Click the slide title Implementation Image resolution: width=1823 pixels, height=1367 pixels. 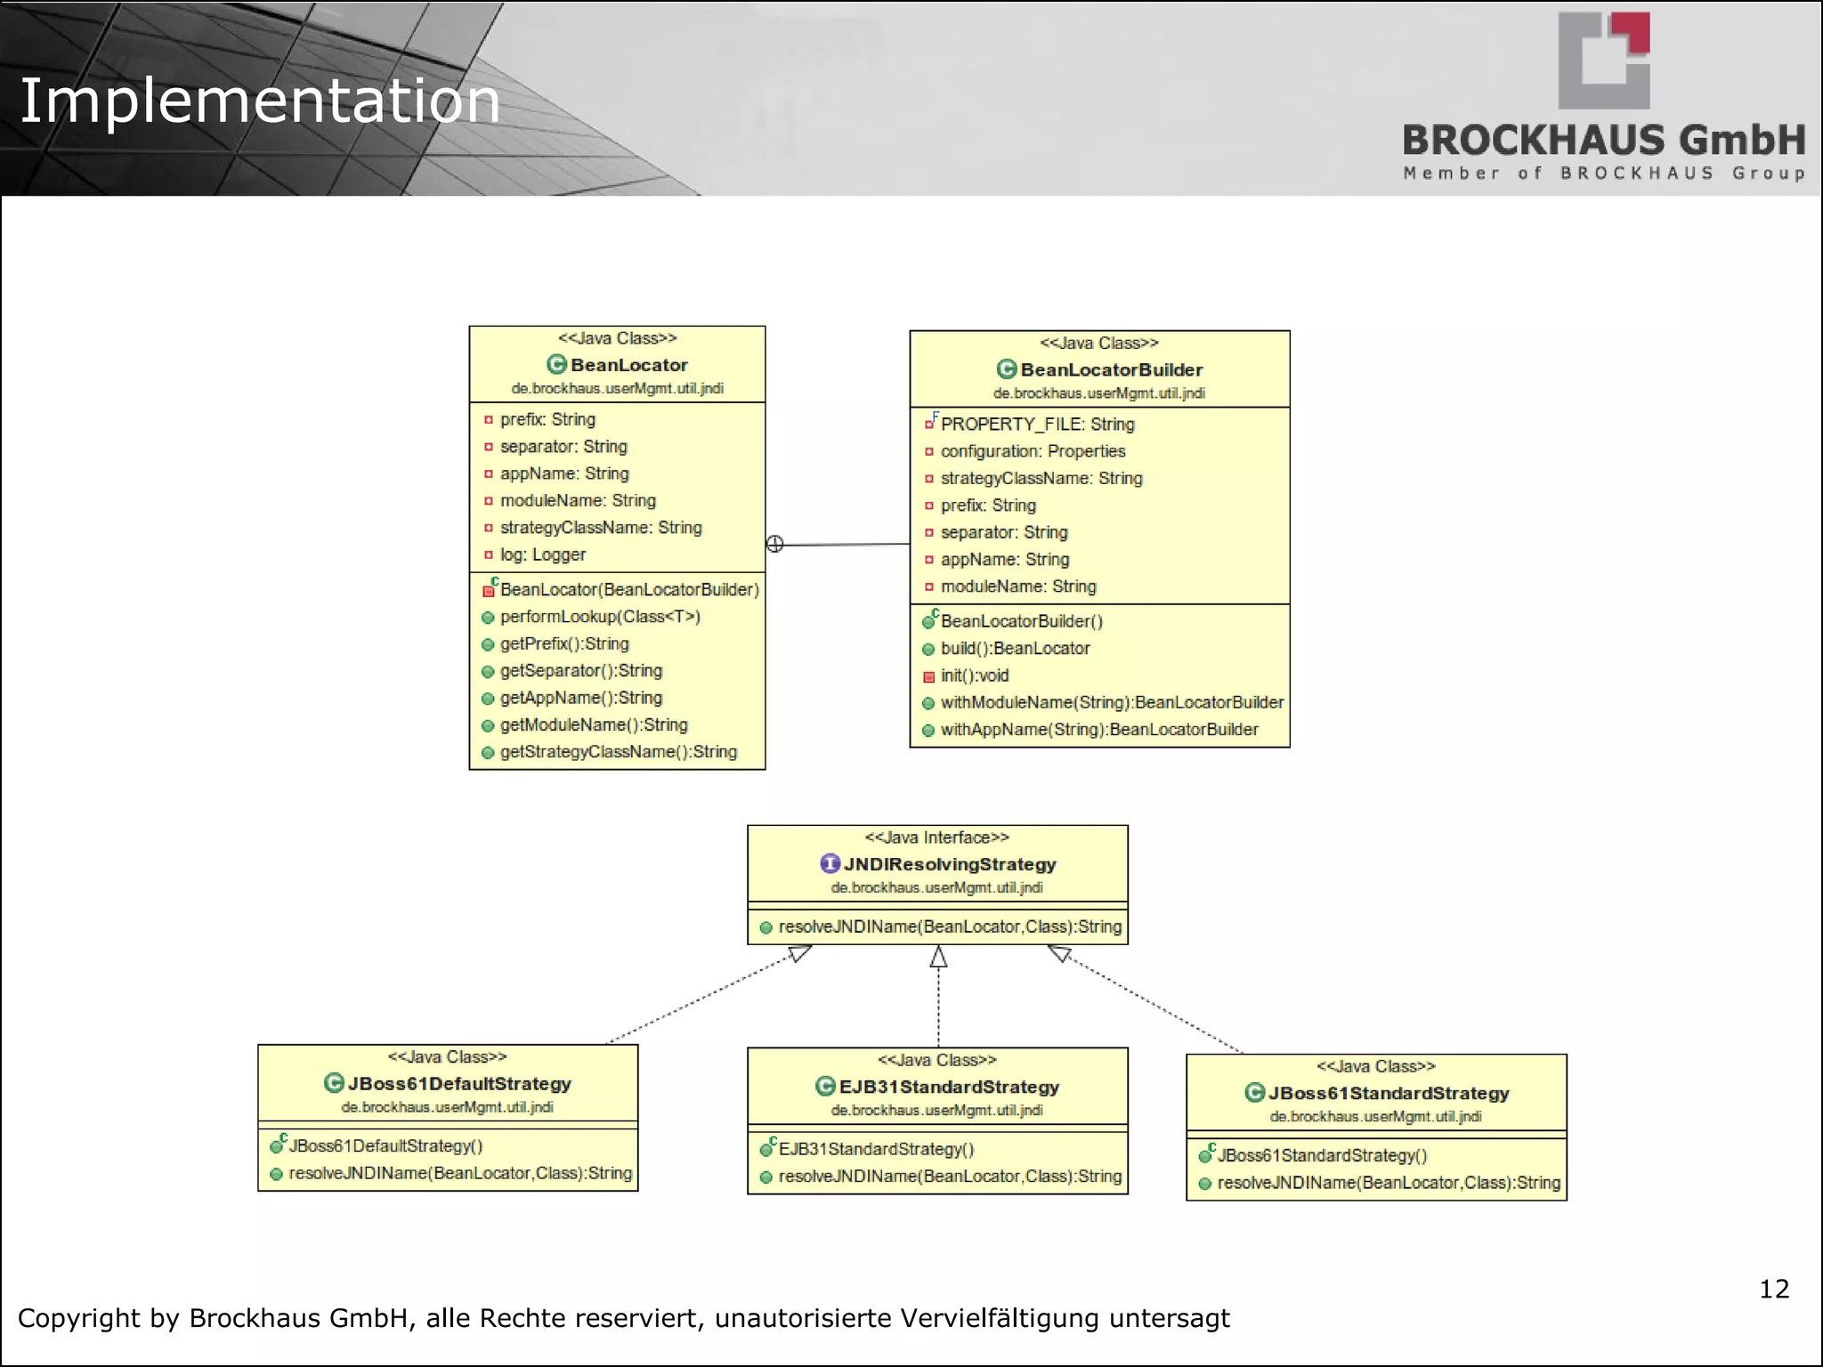259,101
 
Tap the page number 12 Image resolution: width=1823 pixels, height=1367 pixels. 1773,1289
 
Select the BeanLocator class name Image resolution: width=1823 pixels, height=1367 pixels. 628,365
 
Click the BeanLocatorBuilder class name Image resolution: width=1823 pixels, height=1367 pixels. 1111,369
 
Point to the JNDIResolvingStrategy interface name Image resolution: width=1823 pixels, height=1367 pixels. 949,864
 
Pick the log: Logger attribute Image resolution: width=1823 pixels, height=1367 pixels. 542,554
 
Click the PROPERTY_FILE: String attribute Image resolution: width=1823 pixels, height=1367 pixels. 1037,425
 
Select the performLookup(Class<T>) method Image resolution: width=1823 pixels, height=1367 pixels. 599,617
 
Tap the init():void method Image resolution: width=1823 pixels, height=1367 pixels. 974,675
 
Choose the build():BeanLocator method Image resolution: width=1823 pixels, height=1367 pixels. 1015,649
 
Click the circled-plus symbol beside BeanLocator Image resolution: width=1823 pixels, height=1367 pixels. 775,544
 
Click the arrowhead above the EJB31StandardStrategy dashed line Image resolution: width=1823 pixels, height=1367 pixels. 938,957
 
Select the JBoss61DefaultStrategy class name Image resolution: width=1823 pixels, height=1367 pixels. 458,1084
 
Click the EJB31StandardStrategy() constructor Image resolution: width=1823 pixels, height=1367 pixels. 876,1149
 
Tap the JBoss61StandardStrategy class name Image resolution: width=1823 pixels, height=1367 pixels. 1388,1093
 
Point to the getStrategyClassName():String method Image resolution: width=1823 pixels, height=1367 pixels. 618,752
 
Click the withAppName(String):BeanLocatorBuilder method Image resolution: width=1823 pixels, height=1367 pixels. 1098,730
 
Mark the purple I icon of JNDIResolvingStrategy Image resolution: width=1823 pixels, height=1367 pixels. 830,863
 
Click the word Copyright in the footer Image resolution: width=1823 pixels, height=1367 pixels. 79,1318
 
